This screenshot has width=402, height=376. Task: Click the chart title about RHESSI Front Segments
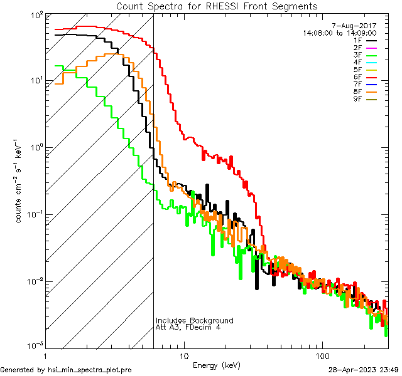click(217, 6)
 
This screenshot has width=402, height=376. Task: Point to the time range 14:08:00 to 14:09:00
click(339, 33)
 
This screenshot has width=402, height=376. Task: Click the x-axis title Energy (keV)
click(217, 365)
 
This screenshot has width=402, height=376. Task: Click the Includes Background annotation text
click(194, 321)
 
